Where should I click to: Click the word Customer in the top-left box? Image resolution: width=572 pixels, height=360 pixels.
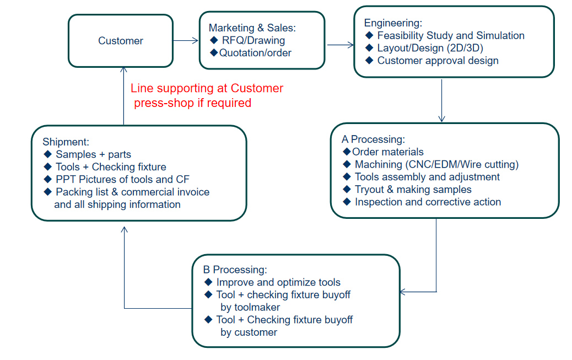121,41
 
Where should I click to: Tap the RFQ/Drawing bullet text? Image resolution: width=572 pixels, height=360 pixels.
253,40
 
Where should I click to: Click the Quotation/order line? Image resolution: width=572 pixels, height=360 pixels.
255,53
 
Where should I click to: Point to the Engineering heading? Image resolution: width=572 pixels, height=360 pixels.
393,23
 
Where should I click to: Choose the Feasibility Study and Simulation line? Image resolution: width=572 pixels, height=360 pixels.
451,35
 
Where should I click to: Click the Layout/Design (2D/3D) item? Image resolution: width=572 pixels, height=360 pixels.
430,48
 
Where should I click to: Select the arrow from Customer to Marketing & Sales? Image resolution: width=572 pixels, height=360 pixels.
186,40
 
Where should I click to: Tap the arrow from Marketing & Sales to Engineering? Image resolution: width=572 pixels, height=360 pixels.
339,45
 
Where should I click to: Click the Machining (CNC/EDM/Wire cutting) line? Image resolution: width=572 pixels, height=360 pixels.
436,164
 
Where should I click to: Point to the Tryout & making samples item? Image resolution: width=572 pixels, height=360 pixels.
413,189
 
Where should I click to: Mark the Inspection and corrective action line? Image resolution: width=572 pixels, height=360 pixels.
428,202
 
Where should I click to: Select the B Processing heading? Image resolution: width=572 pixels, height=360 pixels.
235,270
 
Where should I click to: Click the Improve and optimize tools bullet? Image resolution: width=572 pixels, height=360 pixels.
278,282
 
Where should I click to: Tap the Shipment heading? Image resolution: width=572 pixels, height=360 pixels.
66,142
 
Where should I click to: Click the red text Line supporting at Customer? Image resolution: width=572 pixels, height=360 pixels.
207,88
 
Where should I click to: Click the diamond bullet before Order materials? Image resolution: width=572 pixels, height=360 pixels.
347,152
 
